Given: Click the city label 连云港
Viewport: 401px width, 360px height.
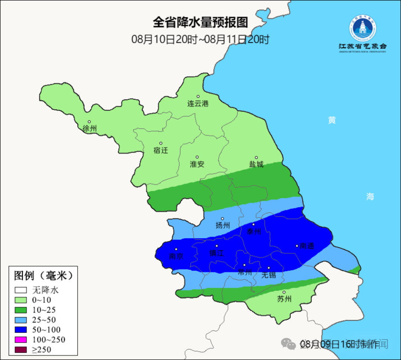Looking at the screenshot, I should point(198,104).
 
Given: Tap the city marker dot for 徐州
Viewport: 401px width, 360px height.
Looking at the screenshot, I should point(89,121).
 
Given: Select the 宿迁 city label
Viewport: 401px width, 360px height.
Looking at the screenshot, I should point(161,150).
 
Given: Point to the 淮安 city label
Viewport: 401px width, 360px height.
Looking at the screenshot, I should point(197,164).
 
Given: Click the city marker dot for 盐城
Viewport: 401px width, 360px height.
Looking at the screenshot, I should point(256,158).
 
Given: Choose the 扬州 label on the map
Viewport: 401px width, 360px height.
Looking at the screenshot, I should point(223,225).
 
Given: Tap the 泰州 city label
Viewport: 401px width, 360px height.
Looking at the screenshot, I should point(254,231).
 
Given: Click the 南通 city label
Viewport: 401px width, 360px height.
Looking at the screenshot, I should point(307,246).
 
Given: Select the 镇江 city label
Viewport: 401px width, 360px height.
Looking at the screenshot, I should point(216,253).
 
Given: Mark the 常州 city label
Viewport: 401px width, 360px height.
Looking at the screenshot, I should point(245,272).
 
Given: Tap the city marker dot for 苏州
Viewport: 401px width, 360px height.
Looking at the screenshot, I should point(284,292).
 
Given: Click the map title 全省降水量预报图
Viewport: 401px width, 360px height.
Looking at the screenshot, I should point(200,22).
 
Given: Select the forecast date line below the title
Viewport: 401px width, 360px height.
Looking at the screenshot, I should point(200,39).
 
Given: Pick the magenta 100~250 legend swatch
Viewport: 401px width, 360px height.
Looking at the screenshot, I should point(21,340).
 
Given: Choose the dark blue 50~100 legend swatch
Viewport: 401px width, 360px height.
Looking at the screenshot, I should point(21,330).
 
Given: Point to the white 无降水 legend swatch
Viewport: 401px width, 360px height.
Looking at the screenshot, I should point(21,290).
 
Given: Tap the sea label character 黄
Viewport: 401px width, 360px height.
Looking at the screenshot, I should point(332,120).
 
